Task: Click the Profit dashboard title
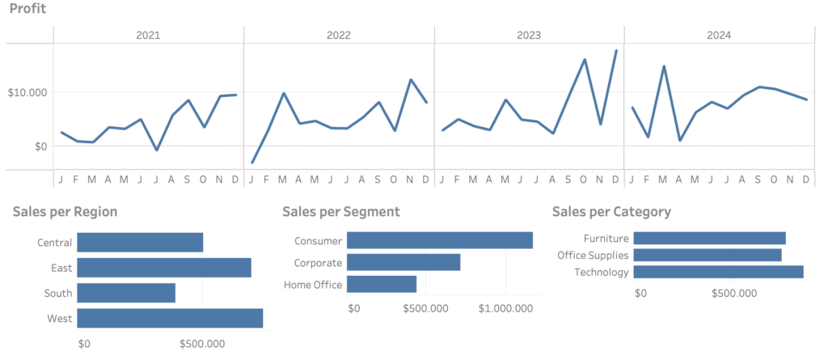[28, 9]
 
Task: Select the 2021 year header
[149, 36]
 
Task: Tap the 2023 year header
[529, 36]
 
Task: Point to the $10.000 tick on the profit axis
[27, 92]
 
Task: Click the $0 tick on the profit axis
[40, 146]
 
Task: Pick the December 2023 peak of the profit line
[615, 51]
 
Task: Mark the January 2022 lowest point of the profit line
[252, 163]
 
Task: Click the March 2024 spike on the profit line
[664, 66]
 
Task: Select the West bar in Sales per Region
[170, 318]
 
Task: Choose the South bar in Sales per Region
[126, 293]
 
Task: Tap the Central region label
[54, 243]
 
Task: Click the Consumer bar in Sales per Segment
[440, 240]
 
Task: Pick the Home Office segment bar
[382, 285]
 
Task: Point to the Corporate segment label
[318, 263]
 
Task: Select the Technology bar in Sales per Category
[718, 272]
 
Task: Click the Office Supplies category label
[593, 256]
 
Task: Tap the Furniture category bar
[709, 238]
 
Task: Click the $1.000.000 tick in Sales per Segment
[506, 308]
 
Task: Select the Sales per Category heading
[611, 212]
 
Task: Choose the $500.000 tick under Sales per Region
[202, 344]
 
